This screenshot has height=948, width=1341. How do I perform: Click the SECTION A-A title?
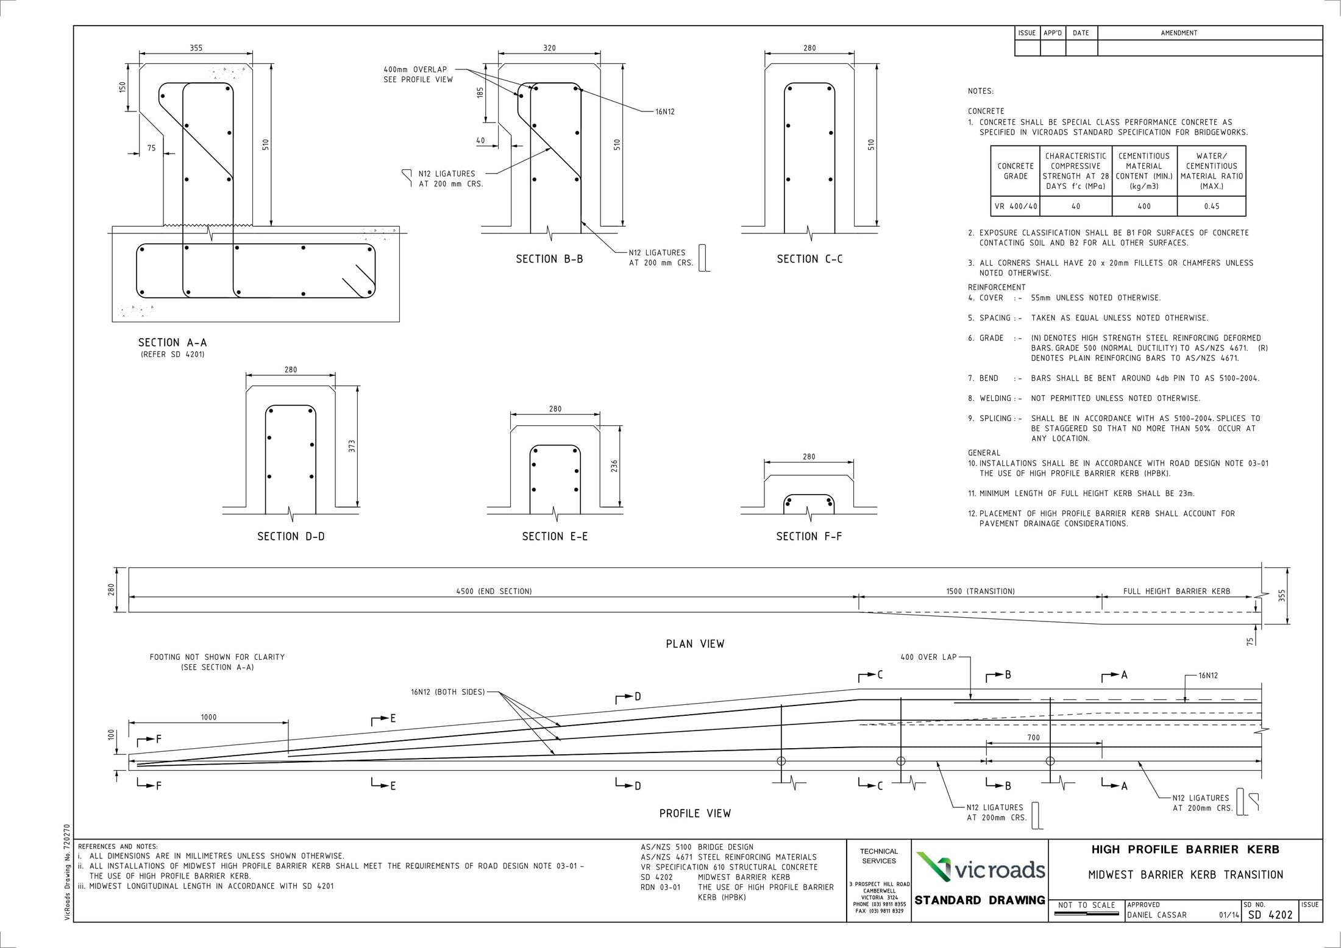(173, 342)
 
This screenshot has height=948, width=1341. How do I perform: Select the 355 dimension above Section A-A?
(196, 48)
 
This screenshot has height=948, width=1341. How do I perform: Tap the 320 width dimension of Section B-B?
(549, 48)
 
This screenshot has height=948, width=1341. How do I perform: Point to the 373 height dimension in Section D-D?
(352, 446)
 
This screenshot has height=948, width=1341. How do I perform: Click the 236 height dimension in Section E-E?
(614, 466)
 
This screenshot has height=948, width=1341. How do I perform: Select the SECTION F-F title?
(809, 536)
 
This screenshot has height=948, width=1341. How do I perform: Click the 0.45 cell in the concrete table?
(1211, 206)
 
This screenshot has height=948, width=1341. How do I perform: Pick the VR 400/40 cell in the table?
(1016, 206)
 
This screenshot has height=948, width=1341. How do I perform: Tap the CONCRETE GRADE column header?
(1016, 171)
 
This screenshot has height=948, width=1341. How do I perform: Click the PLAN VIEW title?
(695, 644)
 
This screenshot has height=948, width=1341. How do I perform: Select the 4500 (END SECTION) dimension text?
(494, 591)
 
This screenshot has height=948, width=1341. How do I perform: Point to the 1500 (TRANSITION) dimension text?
(980, 591)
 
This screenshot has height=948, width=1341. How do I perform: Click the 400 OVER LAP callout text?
(928, 657)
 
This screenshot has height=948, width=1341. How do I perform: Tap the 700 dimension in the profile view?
(1033, 737)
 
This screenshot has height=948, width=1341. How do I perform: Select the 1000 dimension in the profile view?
(208, 717)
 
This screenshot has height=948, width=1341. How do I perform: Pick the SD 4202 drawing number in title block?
(1270, 914)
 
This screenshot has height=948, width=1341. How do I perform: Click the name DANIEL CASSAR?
(1157, 915)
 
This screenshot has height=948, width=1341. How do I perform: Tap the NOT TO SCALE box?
(1086, 905)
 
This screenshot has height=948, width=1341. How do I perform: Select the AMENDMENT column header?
(1179, 33)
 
